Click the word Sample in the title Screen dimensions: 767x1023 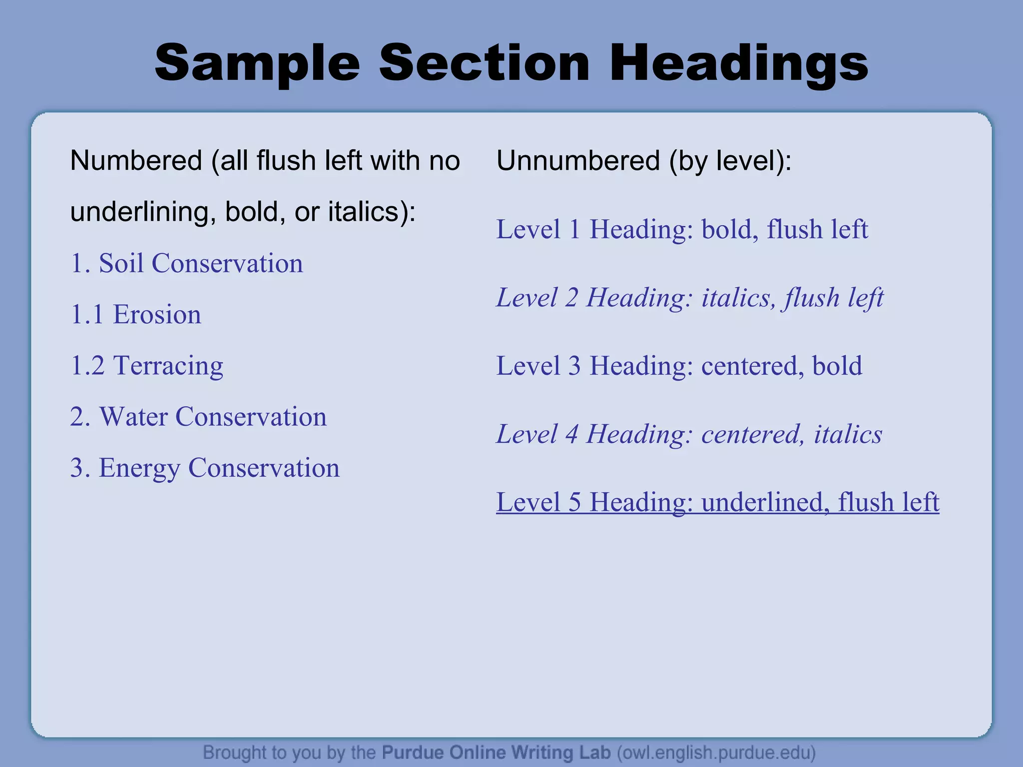(x=257, y=63)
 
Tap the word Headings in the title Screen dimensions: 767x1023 (x=739, y=63)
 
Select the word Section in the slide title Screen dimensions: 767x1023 (x=484, y=63)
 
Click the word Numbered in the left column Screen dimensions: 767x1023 (x=136, y=161)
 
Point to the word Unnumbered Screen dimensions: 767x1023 (x=578, y=161)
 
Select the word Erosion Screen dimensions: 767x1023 (x=157, y=315)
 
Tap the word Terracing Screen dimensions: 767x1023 (x=168, y=366)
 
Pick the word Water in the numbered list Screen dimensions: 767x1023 (x=133, y=417)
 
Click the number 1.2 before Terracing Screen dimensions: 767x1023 (x=87, y=366)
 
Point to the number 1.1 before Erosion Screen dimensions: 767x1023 (x=87, y=315)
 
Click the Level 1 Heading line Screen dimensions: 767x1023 (x=682, y=230)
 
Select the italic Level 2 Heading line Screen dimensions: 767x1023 (x=689, y=298)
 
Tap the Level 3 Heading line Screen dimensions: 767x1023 (x=679, y=366)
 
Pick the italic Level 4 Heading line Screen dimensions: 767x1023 (x=689, y=434)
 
